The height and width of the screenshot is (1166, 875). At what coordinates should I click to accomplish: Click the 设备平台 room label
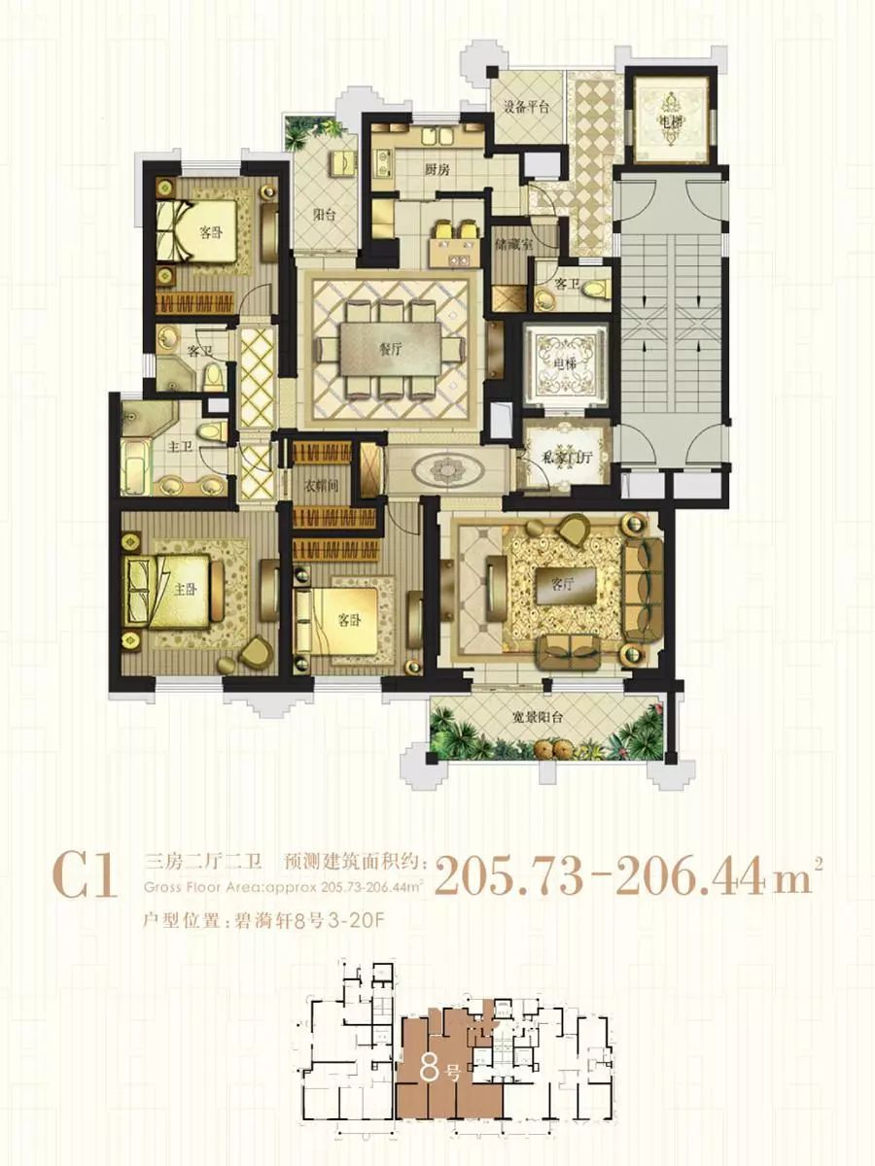525,107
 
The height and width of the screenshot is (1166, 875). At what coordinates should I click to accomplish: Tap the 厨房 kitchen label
437,169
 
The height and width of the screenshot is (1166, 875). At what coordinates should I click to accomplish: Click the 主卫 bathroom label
180,447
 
